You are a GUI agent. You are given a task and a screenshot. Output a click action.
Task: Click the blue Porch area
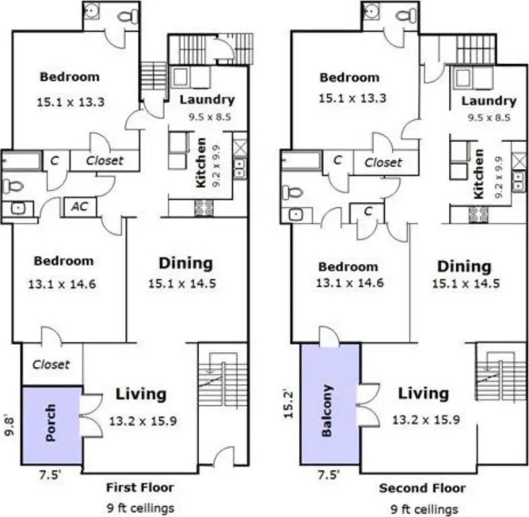click(x=52, y=425)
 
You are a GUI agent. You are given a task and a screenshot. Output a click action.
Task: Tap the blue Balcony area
click(x=330, y=404)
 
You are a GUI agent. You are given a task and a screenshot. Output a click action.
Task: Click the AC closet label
click(x=79, y=206)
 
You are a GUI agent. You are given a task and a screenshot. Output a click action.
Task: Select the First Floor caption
click(x=140, y=487)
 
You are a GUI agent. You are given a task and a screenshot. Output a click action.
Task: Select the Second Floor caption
click(x=422, y=488)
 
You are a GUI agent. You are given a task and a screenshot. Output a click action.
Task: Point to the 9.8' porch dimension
click(x=10, y=426)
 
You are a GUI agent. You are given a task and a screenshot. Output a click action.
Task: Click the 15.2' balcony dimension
click(x=288, y=405)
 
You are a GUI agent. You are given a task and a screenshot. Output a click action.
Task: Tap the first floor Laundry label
click(x=207, y=100)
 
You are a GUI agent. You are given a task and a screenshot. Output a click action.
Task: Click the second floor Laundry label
click(x=489, y=101)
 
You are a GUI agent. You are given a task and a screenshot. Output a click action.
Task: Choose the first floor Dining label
click(x=186, y=263)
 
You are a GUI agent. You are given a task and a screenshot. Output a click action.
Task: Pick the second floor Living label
click(x=423, y=393)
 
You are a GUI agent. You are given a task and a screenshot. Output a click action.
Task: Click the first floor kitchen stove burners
click(x=204, y=208)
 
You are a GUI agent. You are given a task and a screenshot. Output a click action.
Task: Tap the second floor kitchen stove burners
click(x=479, y=215)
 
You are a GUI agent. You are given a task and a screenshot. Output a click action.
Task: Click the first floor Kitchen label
click(x=201, y=163)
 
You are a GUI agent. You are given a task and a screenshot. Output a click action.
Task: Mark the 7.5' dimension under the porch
click(x=50, y=475)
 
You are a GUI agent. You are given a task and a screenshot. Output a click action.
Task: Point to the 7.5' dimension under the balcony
click(x=328, y=475)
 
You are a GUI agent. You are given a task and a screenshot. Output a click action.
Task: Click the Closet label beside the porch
click(x=51, y=364)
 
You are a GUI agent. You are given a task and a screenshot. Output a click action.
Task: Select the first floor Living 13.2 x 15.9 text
click(x=143, y=421)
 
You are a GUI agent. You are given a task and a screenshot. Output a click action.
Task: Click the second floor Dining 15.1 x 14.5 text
click(x=466, y=283)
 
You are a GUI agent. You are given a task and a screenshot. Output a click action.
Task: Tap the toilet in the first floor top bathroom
click(x=128, y=16)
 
